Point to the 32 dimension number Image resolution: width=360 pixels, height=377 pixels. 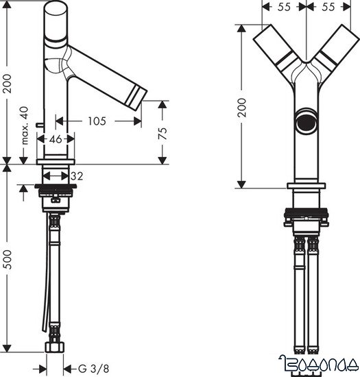point(77,175)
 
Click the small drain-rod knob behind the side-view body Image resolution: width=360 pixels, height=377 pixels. point(38,125)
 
